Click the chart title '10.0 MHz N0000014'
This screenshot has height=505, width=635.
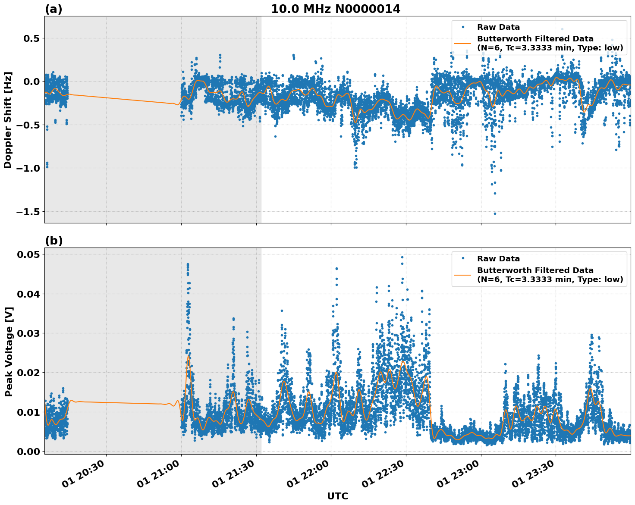[x=335, y=9]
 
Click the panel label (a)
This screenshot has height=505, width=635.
[x=53, y=9]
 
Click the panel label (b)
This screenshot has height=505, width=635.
[x=53, y=241]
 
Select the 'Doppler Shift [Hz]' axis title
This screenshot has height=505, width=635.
[x=8, y=120]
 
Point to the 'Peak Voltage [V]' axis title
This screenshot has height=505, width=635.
[x=9, y=351]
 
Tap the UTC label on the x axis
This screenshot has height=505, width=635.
[x=337, y=496]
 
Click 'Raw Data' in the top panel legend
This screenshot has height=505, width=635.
[x=498, y=27]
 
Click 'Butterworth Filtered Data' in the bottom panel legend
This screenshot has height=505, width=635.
[x=535, y=270]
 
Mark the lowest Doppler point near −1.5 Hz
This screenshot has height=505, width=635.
[x=495, y=213]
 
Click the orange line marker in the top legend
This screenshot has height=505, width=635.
[x=463, y=43]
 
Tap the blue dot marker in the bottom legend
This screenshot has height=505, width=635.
[x=463, y=259]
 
